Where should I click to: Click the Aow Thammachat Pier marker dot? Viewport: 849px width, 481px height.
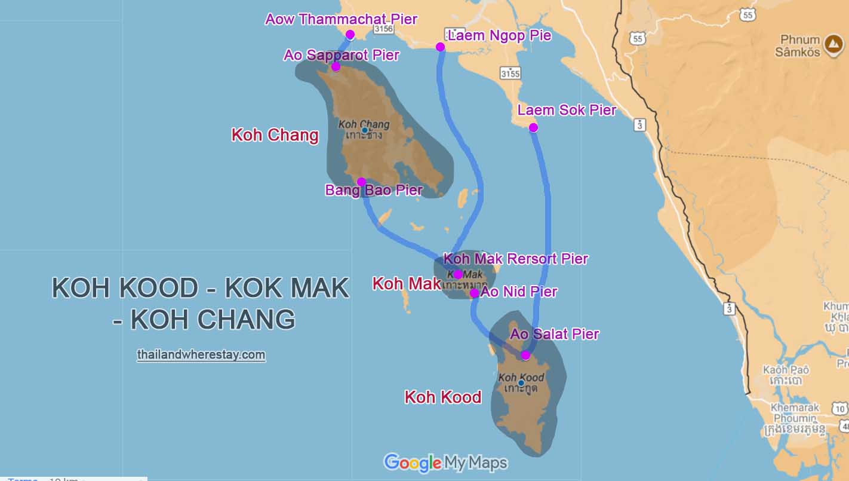point(350,35)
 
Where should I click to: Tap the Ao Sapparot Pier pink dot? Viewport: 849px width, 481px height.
point(336,66)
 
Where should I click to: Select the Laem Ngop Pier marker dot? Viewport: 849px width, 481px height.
point(440,47)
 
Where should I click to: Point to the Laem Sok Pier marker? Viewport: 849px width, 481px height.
point(533,127)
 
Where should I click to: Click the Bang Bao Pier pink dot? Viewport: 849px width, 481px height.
point(361,182)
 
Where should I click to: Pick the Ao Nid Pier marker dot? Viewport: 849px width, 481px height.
point(474,293)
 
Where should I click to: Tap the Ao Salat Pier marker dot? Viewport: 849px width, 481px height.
point(525,356)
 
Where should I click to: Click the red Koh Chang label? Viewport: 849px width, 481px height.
point(275,135)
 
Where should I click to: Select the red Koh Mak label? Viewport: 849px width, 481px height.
point(406,284)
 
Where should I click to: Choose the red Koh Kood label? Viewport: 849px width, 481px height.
point(442,397)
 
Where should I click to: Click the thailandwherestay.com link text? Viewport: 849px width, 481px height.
point(201,355)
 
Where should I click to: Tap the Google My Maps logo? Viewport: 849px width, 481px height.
point(445,462)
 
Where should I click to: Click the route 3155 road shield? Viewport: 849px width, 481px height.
point(510,73)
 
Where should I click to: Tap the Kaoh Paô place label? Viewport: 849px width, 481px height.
point(786,375)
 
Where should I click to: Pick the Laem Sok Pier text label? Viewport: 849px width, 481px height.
point(567,110)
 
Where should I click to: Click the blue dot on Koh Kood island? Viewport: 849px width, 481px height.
point(521,382)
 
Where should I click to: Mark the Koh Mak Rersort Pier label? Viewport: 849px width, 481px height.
point(516,259)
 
